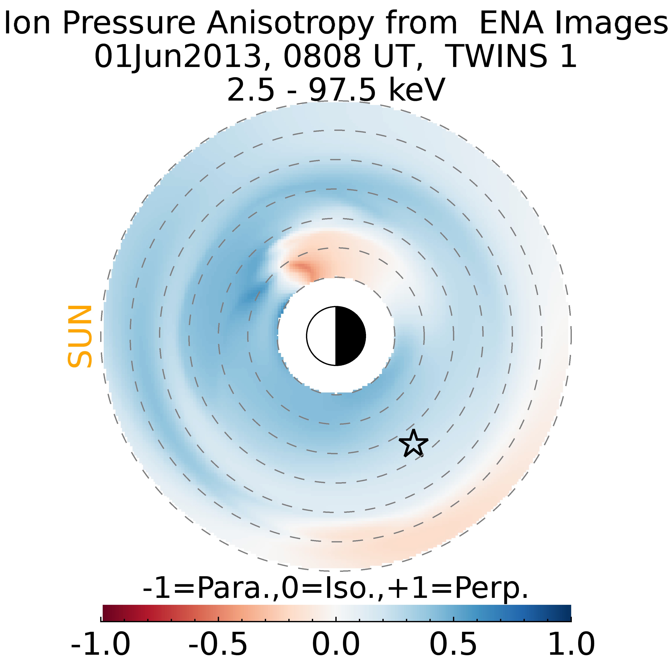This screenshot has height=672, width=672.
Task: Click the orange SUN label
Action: [x=80, y=336]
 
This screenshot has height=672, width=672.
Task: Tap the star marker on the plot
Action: [x=413, y=443]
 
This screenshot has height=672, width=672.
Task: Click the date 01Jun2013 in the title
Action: [x=177, y=56]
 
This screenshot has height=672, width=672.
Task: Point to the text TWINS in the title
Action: [x=496, y=56]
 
